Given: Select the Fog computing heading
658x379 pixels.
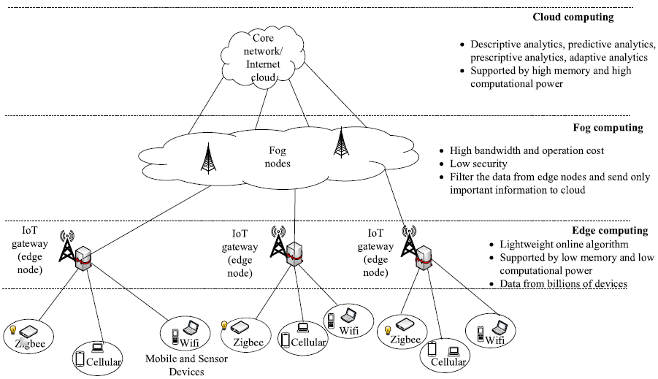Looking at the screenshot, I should click(x=608, y=128).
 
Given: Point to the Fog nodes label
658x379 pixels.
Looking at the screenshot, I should click(x=278, y=158).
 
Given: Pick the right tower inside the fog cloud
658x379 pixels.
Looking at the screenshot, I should click(x=340, y=142).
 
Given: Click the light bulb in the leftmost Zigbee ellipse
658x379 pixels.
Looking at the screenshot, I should click(x=12, y=331).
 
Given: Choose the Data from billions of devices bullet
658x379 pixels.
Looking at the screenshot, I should click(x=563, y=283).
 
